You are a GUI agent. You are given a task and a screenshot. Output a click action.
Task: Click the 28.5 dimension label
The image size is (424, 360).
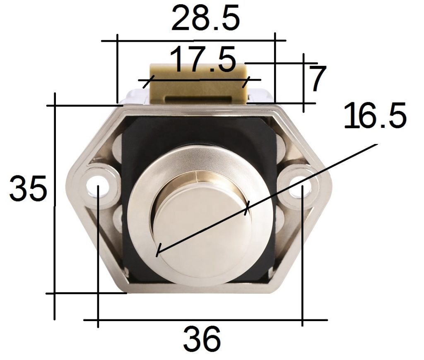[x=205, y=17]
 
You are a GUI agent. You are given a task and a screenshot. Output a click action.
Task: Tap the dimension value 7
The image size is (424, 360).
[x=317, y=78]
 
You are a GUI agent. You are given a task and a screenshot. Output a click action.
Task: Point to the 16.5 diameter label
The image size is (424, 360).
[x=375, y=115]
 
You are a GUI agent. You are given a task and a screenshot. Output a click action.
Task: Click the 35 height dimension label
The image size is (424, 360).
[x=28, y=188]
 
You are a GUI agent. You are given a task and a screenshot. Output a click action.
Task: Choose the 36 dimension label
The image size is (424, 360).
[x=202, y=338]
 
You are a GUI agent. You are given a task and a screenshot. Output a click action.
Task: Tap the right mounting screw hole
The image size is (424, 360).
[x=299, y=187]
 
